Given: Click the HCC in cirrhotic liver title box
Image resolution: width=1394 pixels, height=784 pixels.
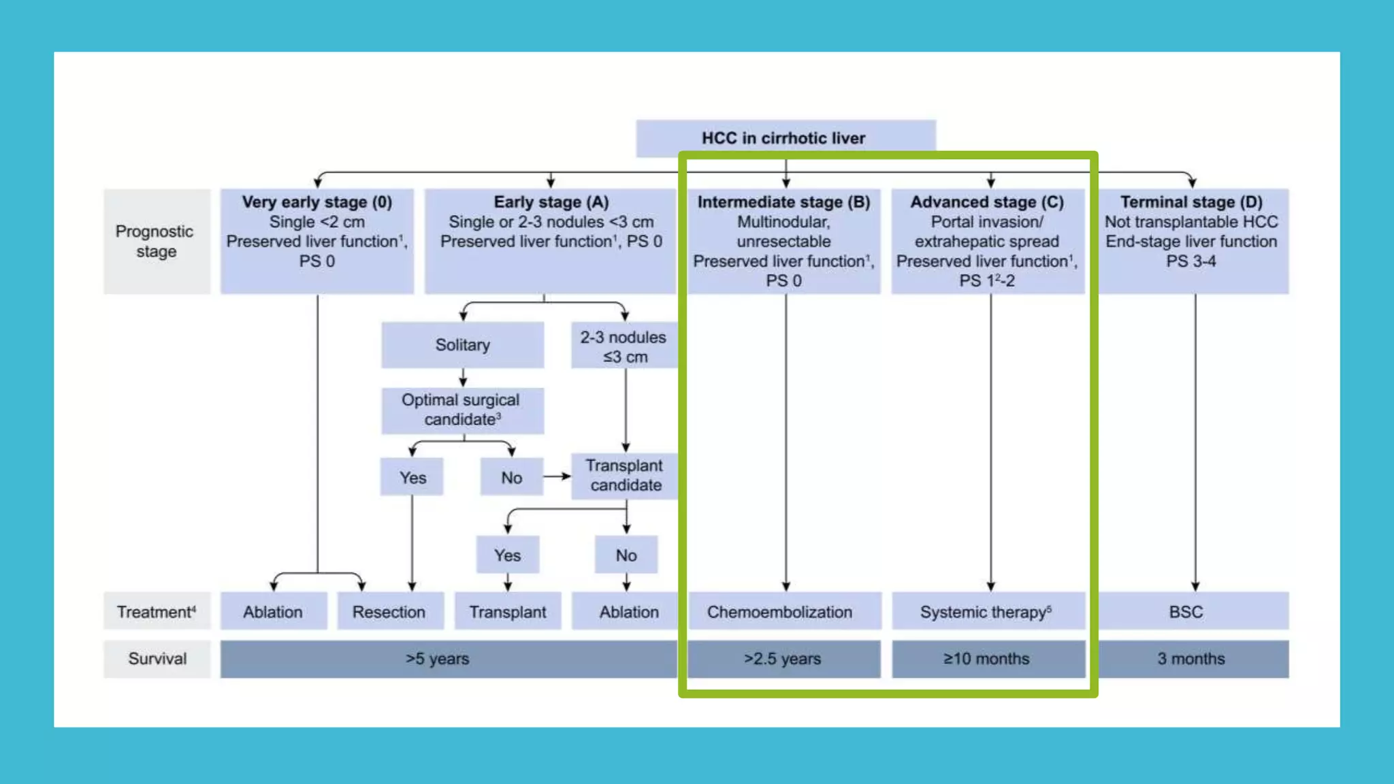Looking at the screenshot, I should pos(785,138).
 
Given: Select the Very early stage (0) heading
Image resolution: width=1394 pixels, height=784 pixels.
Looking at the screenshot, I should pos(317,202).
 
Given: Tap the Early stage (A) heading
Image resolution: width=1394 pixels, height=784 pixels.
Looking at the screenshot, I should pos(551,202).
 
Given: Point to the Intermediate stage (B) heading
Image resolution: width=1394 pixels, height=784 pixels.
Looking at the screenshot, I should pos(783,202).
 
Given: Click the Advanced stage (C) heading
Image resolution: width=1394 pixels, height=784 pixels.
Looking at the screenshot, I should pos(987,202).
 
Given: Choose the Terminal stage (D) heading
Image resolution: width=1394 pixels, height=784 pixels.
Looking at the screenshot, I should pos(1191,202).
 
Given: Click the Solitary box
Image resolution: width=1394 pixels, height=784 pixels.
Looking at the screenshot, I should pos(462,345).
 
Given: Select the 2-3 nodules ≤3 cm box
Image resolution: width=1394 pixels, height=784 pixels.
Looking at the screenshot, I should pos(623,346).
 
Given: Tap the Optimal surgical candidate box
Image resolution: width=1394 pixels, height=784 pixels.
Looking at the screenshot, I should pos(461,410).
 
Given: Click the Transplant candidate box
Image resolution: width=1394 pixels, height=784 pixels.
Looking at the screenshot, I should pos(624,475).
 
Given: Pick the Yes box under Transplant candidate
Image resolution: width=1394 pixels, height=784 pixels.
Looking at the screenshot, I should pos(507,555).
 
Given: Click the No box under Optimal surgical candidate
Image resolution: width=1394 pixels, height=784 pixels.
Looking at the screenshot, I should pos(511,478).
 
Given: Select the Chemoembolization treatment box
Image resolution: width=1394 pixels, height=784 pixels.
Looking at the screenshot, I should pos(780,612).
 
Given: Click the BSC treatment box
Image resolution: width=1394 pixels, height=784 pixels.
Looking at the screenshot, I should pos(1186,612).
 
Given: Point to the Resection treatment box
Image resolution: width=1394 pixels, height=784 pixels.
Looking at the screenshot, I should pos(389,612).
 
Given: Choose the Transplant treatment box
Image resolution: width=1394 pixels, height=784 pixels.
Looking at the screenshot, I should pos(507,612).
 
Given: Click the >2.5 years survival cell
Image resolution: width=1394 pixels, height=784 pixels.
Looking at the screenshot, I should pos(782,659).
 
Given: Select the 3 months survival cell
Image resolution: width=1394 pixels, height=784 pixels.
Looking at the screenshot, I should pos(1191,659).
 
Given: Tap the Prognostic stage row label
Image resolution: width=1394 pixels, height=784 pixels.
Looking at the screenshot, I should pos(156,242).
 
